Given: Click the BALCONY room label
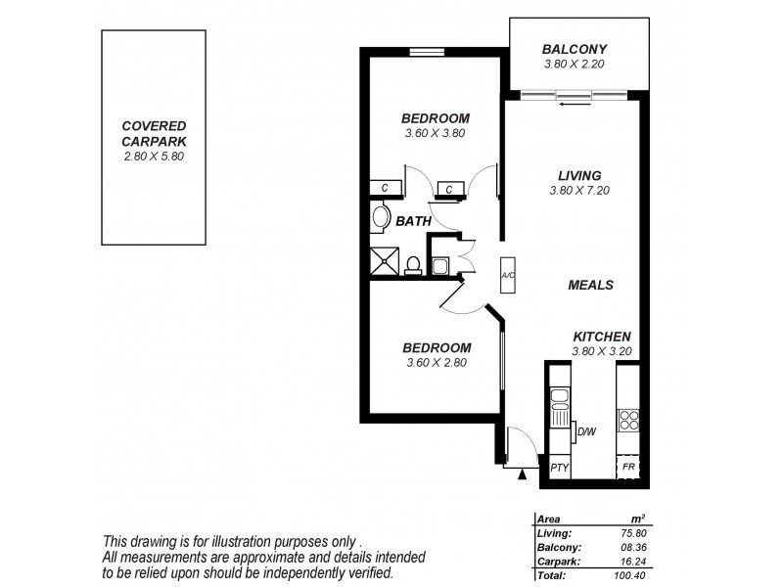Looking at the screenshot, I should [576, 50].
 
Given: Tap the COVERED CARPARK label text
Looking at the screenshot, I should [154, 133].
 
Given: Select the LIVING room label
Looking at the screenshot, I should [579, 175].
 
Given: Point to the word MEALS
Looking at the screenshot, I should [591, 286].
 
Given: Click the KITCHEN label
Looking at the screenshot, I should [601, 336].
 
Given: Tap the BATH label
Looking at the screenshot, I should [413, 222].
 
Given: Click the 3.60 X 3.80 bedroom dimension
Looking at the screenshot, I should [435, 133].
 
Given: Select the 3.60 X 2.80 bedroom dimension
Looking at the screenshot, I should [437, 363].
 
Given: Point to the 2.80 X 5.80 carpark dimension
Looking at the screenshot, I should [154, 156].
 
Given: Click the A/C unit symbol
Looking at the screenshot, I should [508, 275].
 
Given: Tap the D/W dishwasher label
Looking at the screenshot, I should [586, 431].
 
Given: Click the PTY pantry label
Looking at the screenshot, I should [559, 469].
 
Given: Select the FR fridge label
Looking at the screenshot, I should [628, 469].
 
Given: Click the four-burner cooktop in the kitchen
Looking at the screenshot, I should [628, 421].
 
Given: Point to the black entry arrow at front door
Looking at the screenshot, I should [522, 475].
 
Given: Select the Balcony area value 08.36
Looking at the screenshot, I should [629, 548].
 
